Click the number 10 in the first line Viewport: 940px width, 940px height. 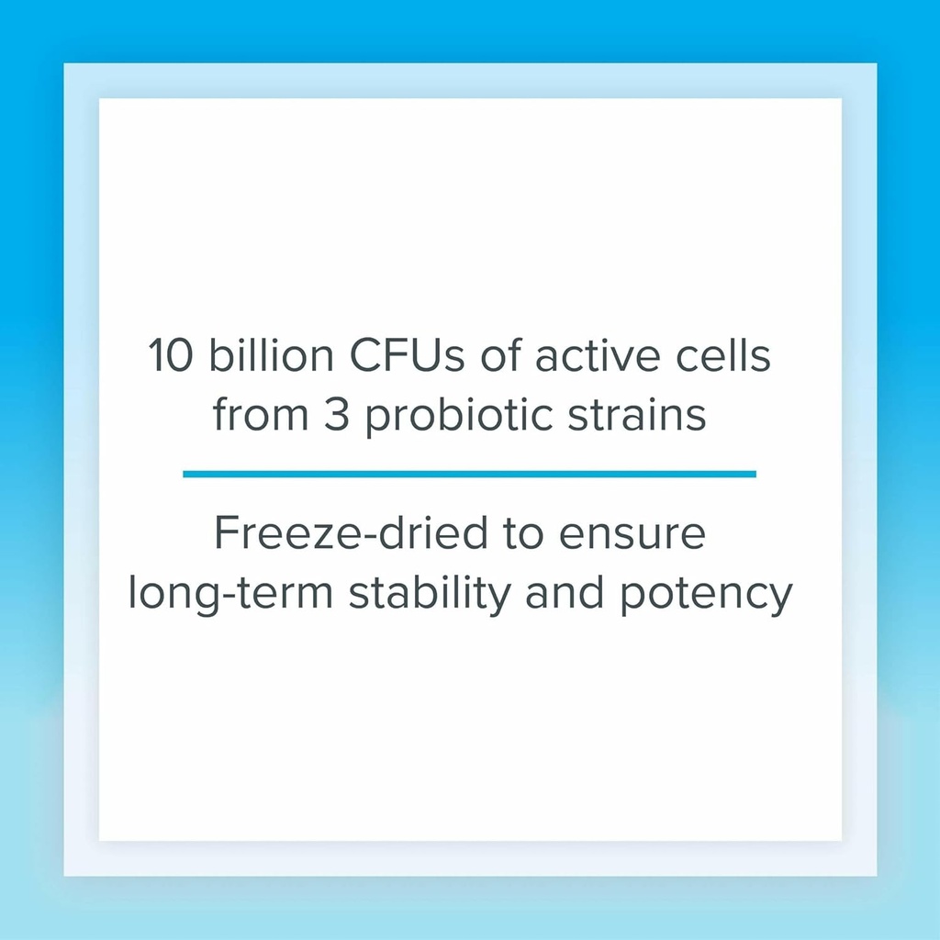click(171, 355)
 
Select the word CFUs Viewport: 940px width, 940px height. click(407, 355)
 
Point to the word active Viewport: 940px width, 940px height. click(598, 355)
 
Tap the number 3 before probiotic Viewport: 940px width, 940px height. click(336, 414)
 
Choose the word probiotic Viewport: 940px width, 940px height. click(459, 416)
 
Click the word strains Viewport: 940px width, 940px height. click(637, 414)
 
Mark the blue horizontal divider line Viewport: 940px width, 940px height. click(469, 475)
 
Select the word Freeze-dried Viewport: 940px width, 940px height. click(351, 532)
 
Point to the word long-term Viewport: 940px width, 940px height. click(230, 594)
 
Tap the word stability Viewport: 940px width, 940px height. click(430, 594)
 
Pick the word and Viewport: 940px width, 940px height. click(565, 591)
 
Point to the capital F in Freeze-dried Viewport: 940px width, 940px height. click(226, 532)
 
